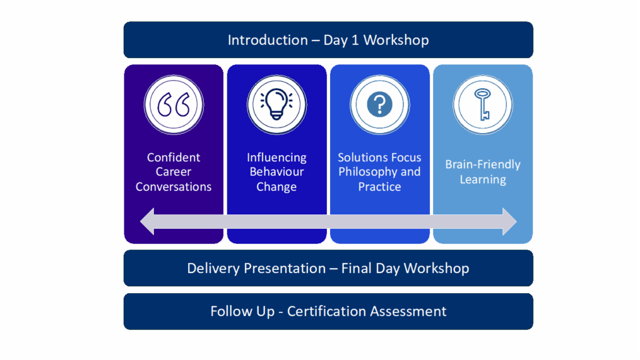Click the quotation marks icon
click(x=174, y=105)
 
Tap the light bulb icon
click(x=276, y=104)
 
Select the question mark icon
click(x=379, y=104)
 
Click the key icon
click(x=482, y=104)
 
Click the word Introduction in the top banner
click(x=267, y=41)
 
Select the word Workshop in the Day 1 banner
click(x=396, y=41)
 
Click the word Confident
click(x=174, y=157)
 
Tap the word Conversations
click(x=174, y=187)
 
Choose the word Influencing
click(x=276, y=157)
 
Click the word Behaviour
click(x=276, y=172)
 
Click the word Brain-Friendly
click(x=482, y=165)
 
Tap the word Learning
click(x=482, y=180)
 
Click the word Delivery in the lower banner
click(x=213, y=269)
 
